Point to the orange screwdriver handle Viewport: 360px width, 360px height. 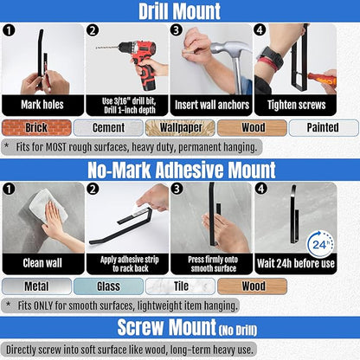[323, 80]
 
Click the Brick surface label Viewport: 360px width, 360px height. [36, 127]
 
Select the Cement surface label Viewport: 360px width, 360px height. [108, 127]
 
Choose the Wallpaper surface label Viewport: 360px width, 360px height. [180, 127]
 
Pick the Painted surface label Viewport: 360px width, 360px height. [324, 127]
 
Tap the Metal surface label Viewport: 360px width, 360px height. [36, 286]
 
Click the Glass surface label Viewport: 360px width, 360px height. [108, 286]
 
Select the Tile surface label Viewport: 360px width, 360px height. [180, 286]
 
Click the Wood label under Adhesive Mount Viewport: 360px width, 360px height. [253, 286]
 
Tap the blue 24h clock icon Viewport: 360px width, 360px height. [320, 245]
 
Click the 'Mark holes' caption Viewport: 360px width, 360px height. [42, 105]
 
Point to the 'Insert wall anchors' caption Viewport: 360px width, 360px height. [212, 105]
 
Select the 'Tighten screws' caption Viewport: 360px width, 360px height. [296, 105]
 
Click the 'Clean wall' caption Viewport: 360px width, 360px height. [42, 263]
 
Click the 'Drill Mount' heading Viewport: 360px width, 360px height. [179, 11]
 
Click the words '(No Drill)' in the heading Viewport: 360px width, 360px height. [238, 331]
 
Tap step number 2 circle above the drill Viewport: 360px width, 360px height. [93, 30]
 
